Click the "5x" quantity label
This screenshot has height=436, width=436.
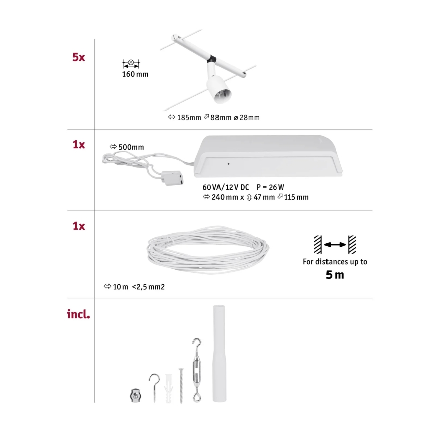[78, 57]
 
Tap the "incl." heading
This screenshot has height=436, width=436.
[78, 315]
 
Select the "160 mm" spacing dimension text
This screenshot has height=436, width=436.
[135, 75]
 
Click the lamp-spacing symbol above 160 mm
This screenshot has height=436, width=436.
[131, 64]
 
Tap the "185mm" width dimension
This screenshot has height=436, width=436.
[189, 118]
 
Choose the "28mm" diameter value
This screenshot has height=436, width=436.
[249, 118]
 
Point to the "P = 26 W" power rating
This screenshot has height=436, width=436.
[285, 187]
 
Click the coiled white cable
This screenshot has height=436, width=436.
[207, 247]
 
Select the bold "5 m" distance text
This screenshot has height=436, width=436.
[335, 275]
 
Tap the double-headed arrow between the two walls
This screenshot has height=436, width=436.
[335, 245]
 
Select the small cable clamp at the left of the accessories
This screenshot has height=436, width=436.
[133, 395]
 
